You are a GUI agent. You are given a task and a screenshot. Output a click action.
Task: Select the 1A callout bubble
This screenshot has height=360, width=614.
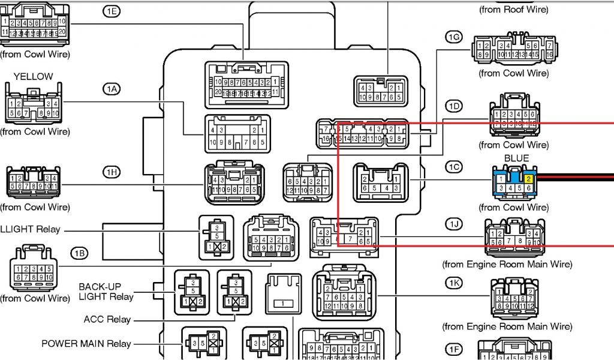111,89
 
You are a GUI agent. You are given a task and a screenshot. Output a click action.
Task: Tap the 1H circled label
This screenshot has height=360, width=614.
111,172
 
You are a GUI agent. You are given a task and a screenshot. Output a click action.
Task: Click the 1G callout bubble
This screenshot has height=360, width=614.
454,37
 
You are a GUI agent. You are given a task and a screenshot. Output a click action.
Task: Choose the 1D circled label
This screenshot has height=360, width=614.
454,107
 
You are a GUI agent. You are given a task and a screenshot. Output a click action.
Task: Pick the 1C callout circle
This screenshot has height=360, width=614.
454,167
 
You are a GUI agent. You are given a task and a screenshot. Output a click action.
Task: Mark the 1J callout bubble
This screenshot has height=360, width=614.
454,224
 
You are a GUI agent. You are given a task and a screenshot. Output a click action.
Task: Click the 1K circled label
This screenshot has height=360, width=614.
454,282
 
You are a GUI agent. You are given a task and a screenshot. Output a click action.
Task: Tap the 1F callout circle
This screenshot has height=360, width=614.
454,349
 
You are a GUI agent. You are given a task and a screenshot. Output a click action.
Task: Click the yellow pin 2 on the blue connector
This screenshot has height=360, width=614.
528,179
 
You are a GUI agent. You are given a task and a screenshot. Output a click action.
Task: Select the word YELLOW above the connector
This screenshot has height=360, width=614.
34,77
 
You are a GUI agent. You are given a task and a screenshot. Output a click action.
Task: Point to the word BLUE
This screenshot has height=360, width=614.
516,158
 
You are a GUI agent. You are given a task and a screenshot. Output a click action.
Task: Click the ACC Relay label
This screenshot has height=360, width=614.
107,319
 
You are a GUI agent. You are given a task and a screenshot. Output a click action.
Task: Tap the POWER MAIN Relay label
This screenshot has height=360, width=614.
86,344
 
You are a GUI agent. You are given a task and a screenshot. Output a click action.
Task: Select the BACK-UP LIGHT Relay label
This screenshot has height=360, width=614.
106,292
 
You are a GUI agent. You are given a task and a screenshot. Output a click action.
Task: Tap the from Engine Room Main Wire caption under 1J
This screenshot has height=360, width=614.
507,264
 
